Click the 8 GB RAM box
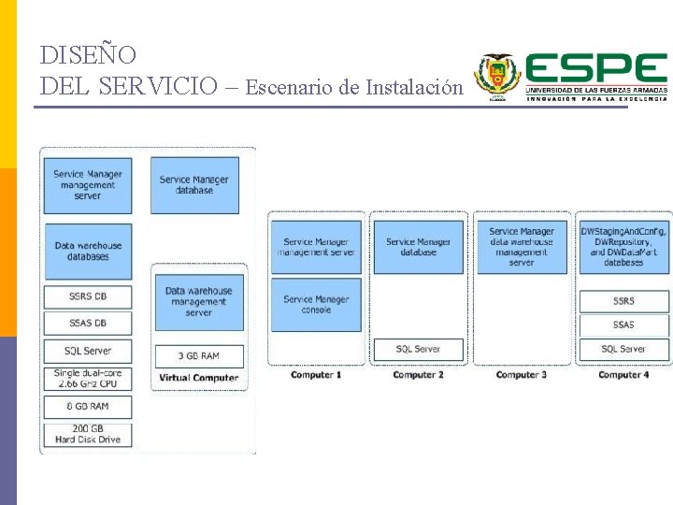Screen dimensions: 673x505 (88, 407)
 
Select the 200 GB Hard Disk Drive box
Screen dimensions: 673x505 (88, 435)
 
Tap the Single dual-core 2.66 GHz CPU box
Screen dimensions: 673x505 (88, 379)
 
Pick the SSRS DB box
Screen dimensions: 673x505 (88, 296)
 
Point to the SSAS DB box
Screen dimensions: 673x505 (88, 324)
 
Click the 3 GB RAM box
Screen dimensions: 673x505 (198, 356)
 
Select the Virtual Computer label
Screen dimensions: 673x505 (198, 378)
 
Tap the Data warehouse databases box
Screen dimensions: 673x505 (88, 251)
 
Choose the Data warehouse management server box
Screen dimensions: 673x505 (198, 302)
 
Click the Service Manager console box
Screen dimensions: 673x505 (316, 304)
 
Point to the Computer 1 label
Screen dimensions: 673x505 (316, 375)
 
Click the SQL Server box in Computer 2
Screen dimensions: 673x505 (418, 349)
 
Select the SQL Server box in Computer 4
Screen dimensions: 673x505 (623, 349)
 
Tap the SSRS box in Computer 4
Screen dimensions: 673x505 (623, 301)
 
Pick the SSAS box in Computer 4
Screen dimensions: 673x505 (623, 325)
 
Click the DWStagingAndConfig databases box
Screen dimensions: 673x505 (623, 247)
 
